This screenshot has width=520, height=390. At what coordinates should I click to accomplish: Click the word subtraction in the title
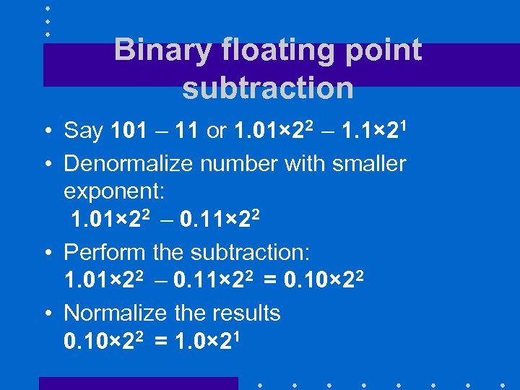pos(268,88)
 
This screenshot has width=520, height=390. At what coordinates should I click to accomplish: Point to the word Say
pos(84,131)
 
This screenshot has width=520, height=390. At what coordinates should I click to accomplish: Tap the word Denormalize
pos(129,164)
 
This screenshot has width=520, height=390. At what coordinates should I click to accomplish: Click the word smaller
pos(369,164)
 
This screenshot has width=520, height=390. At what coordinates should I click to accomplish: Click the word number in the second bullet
pos(240,164)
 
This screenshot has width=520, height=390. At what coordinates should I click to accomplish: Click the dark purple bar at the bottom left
pos(137,383)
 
